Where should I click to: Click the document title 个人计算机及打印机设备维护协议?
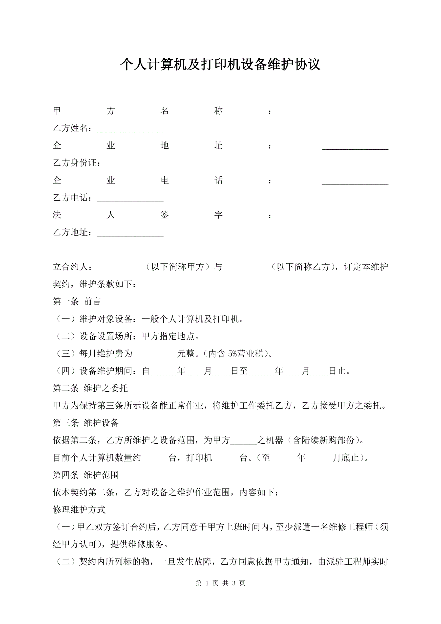point(220,64)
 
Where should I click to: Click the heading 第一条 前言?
point(77,301)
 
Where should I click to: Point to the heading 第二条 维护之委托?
point(90,388)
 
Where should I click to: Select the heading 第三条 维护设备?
point(86,423)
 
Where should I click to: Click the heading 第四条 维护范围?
point(86,475)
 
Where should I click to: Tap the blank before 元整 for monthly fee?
point(154,354)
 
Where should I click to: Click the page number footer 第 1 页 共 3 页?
point(220,583)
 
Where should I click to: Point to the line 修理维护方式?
point(79,509)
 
